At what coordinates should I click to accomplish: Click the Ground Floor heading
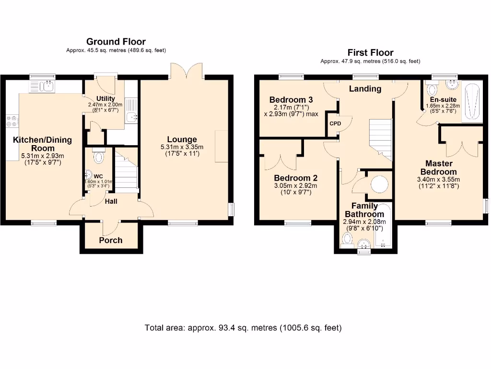tap(116, 42)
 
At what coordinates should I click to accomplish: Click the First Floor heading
tap(370, 53)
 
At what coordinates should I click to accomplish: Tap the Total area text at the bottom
tap(243, 328)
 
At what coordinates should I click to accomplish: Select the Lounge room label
tap(182, 140)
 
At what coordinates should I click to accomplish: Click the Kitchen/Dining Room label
tap(42, 144)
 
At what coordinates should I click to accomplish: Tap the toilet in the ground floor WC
tap(99, 157)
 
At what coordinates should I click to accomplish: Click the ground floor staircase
tap(127, 173)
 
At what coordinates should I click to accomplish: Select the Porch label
tap(111, 240)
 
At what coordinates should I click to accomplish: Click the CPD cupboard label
tap(335, 123)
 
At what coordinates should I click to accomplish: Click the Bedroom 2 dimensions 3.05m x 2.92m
tap(295, 185)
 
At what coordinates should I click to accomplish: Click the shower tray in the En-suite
tap(472, 101)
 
